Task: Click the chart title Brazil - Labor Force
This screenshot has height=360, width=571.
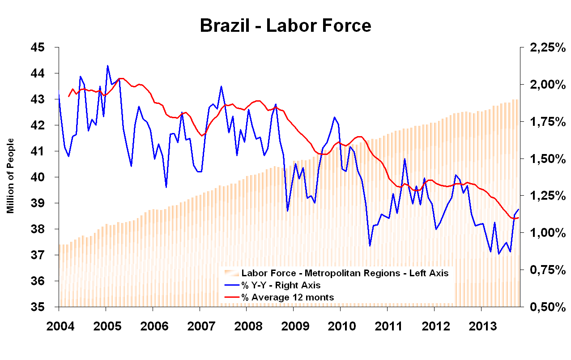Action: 285,26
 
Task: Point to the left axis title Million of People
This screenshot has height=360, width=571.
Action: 10,176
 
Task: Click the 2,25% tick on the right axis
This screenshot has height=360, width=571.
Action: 545,47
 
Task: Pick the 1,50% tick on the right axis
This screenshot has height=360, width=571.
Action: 545,159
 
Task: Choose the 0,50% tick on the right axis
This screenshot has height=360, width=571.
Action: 545,307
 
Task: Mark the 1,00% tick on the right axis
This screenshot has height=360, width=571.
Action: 545,233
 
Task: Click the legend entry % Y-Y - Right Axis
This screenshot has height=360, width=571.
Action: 281,285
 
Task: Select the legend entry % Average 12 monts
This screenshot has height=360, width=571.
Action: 288,297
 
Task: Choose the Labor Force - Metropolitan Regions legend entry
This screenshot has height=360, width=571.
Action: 345,273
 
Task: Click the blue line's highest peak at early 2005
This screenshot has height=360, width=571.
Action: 107,66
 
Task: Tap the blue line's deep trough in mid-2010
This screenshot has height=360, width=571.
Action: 370,246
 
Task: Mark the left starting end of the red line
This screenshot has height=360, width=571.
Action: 68,96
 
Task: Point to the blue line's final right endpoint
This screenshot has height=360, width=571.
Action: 519,209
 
